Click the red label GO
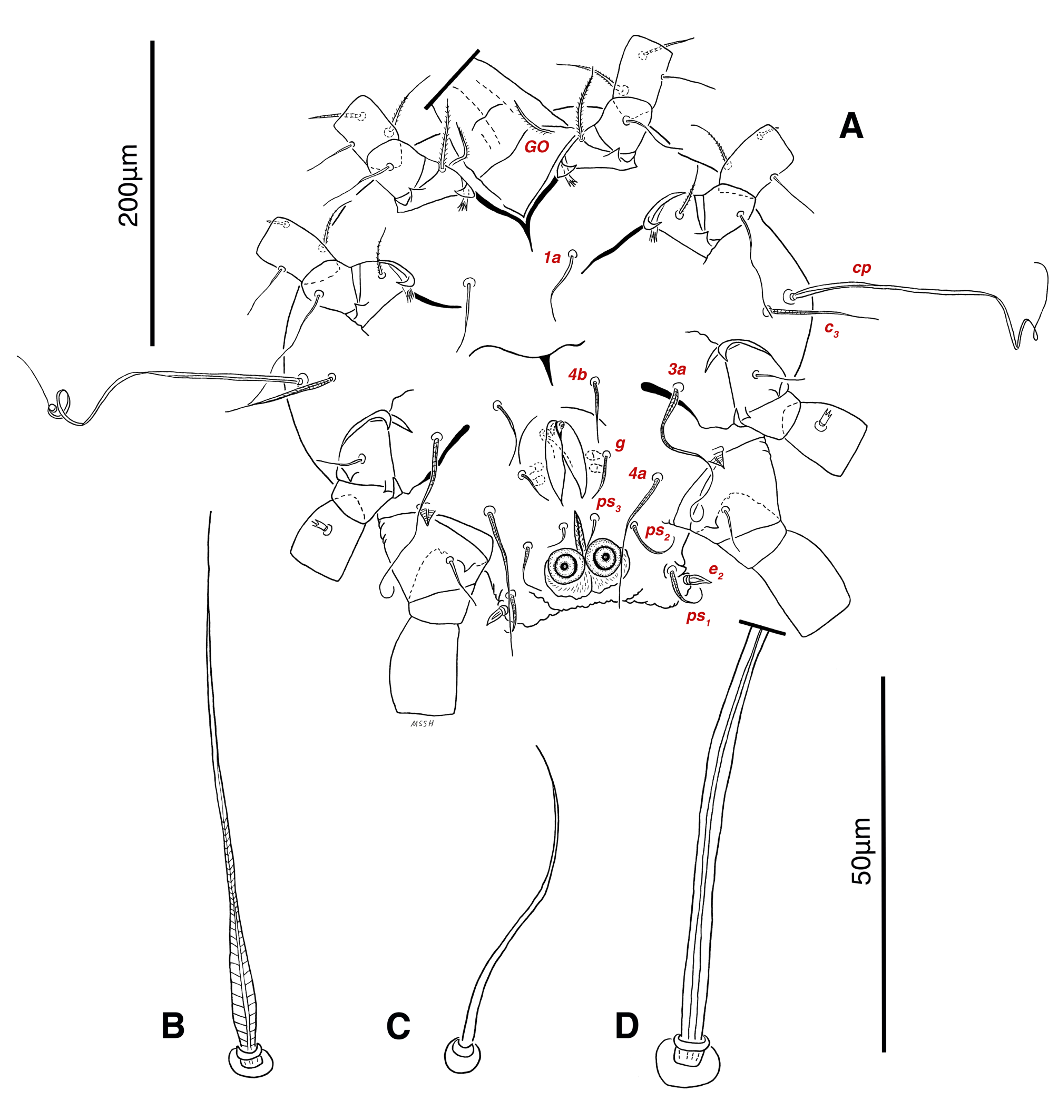tap(536, 147)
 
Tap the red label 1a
tap(552, 258)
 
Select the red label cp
tap(861, 269)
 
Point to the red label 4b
tap(577, 375)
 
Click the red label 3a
tap(677, 369)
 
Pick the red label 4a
tap(638, 474)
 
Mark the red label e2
tap(716, 571)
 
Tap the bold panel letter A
tap(851, 126)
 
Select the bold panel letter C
tap(398, 1026)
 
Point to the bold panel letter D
tap(626, 1026)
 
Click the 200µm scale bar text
tap(129, 185)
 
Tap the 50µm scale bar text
tap(861, 851)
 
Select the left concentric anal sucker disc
tap(563, 566)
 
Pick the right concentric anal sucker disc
tap(605, 557)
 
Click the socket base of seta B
tap(250, 1062)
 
